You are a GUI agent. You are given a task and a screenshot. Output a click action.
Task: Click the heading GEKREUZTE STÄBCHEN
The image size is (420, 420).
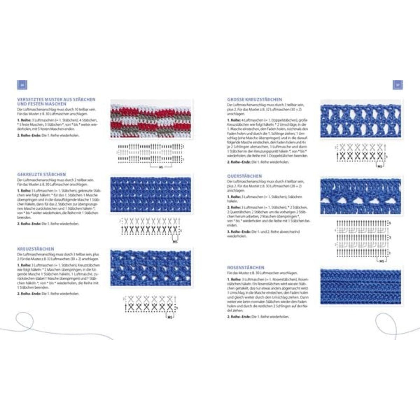[42, 174]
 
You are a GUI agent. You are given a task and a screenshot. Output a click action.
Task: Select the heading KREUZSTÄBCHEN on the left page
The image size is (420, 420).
[35, 249]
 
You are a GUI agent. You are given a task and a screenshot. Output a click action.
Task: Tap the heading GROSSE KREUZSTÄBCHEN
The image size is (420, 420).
[255, 99]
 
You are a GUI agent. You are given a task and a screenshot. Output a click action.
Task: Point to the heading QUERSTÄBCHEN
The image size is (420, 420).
[244, 176]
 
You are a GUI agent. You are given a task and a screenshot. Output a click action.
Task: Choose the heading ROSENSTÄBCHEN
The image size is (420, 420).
[246, 268]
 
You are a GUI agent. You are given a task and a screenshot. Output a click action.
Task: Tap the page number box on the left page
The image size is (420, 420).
[22, 85]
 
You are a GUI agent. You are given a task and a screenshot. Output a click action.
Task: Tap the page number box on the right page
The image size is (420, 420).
[398, 85]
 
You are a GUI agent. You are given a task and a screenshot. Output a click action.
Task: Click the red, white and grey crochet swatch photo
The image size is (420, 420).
[151, 119]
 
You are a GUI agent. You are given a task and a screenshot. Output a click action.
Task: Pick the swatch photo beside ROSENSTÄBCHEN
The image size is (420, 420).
[360, 287]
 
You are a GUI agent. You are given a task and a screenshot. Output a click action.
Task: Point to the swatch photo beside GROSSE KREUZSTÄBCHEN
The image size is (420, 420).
[360, 119]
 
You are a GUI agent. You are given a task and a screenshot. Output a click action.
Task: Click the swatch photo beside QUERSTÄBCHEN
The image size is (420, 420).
[360, 196]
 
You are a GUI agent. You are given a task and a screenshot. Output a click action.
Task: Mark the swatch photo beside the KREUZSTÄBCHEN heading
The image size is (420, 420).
[151, 267]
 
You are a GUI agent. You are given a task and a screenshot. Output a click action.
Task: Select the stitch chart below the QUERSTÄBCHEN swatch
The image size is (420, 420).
[362, 238]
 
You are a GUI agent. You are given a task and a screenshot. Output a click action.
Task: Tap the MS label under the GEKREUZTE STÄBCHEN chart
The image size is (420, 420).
[175, 242]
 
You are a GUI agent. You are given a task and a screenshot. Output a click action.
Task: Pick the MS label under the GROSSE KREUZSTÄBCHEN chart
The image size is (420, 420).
[380, 167]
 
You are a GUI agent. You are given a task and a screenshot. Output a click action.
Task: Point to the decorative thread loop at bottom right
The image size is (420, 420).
[385, 323]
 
